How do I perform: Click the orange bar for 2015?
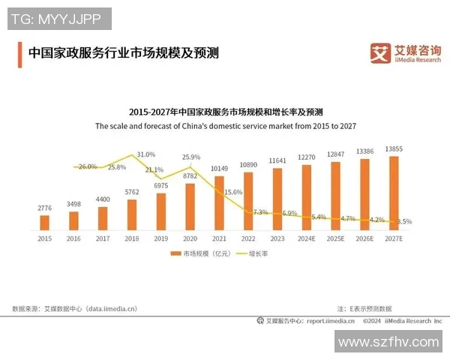[x=44, y=222]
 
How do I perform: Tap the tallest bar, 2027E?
[x=393, y=193]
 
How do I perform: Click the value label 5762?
[x=132, y=192]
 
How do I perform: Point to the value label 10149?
[x=219, y=169]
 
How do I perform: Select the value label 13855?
[x=394, y=149]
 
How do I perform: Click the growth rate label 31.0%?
[x=146, y=154]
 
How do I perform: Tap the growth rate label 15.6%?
[x=233, y=193]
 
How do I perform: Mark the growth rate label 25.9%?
[x=191, y=157]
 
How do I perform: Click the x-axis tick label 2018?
[x=132, y=238]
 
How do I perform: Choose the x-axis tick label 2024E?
[x=306, y=238]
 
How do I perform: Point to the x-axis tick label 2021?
[x=219, y=238]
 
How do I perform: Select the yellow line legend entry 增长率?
[x=250, y=254]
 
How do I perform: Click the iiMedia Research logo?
[x=402, y=52]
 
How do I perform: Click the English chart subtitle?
[x=225, y=127]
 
